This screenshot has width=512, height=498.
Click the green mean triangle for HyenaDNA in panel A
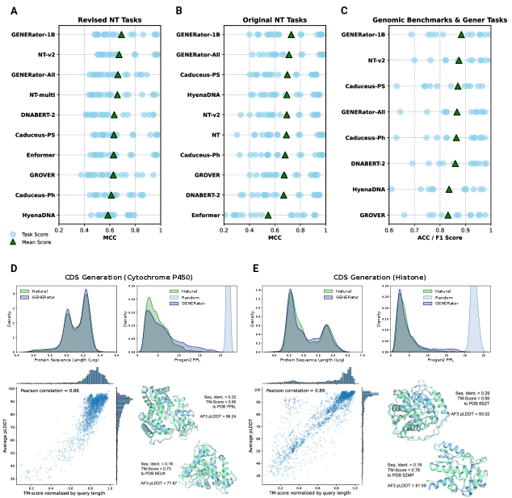[108, 215]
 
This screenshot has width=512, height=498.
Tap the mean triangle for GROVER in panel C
[448, 215]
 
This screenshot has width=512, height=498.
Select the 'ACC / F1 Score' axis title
[439, 239]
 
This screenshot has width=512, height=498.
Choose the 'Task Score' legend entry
[34, 232]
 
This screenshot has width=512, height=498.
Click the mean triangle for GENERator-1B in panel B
[292, 35]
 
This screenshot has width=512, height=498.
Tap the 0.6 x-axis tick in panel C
[389, 231]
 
